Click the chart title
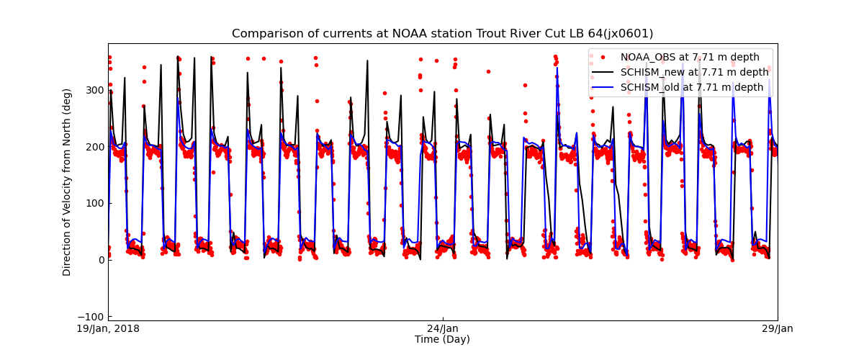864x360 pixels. click(442, 34)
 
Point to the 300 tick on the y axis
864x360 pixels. click(95, 90)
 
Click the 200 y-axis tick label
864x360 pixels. click(95, 147)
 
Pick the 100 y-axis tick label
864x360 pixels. click(95, 203)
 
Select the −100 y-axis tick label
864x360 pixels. click(92, 317)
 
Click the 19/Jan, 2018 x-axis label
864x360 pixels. click(109, 329)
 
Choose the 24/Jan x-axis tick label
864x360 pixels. click(442, 329)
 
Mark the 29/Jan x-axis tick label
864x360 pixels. click(777, 329)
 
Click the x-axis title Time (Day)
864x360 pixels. click(442, 340)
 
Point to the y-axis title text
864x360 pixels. click(67, 182)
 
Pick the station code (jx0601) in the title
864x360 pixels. click(626, 34)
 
